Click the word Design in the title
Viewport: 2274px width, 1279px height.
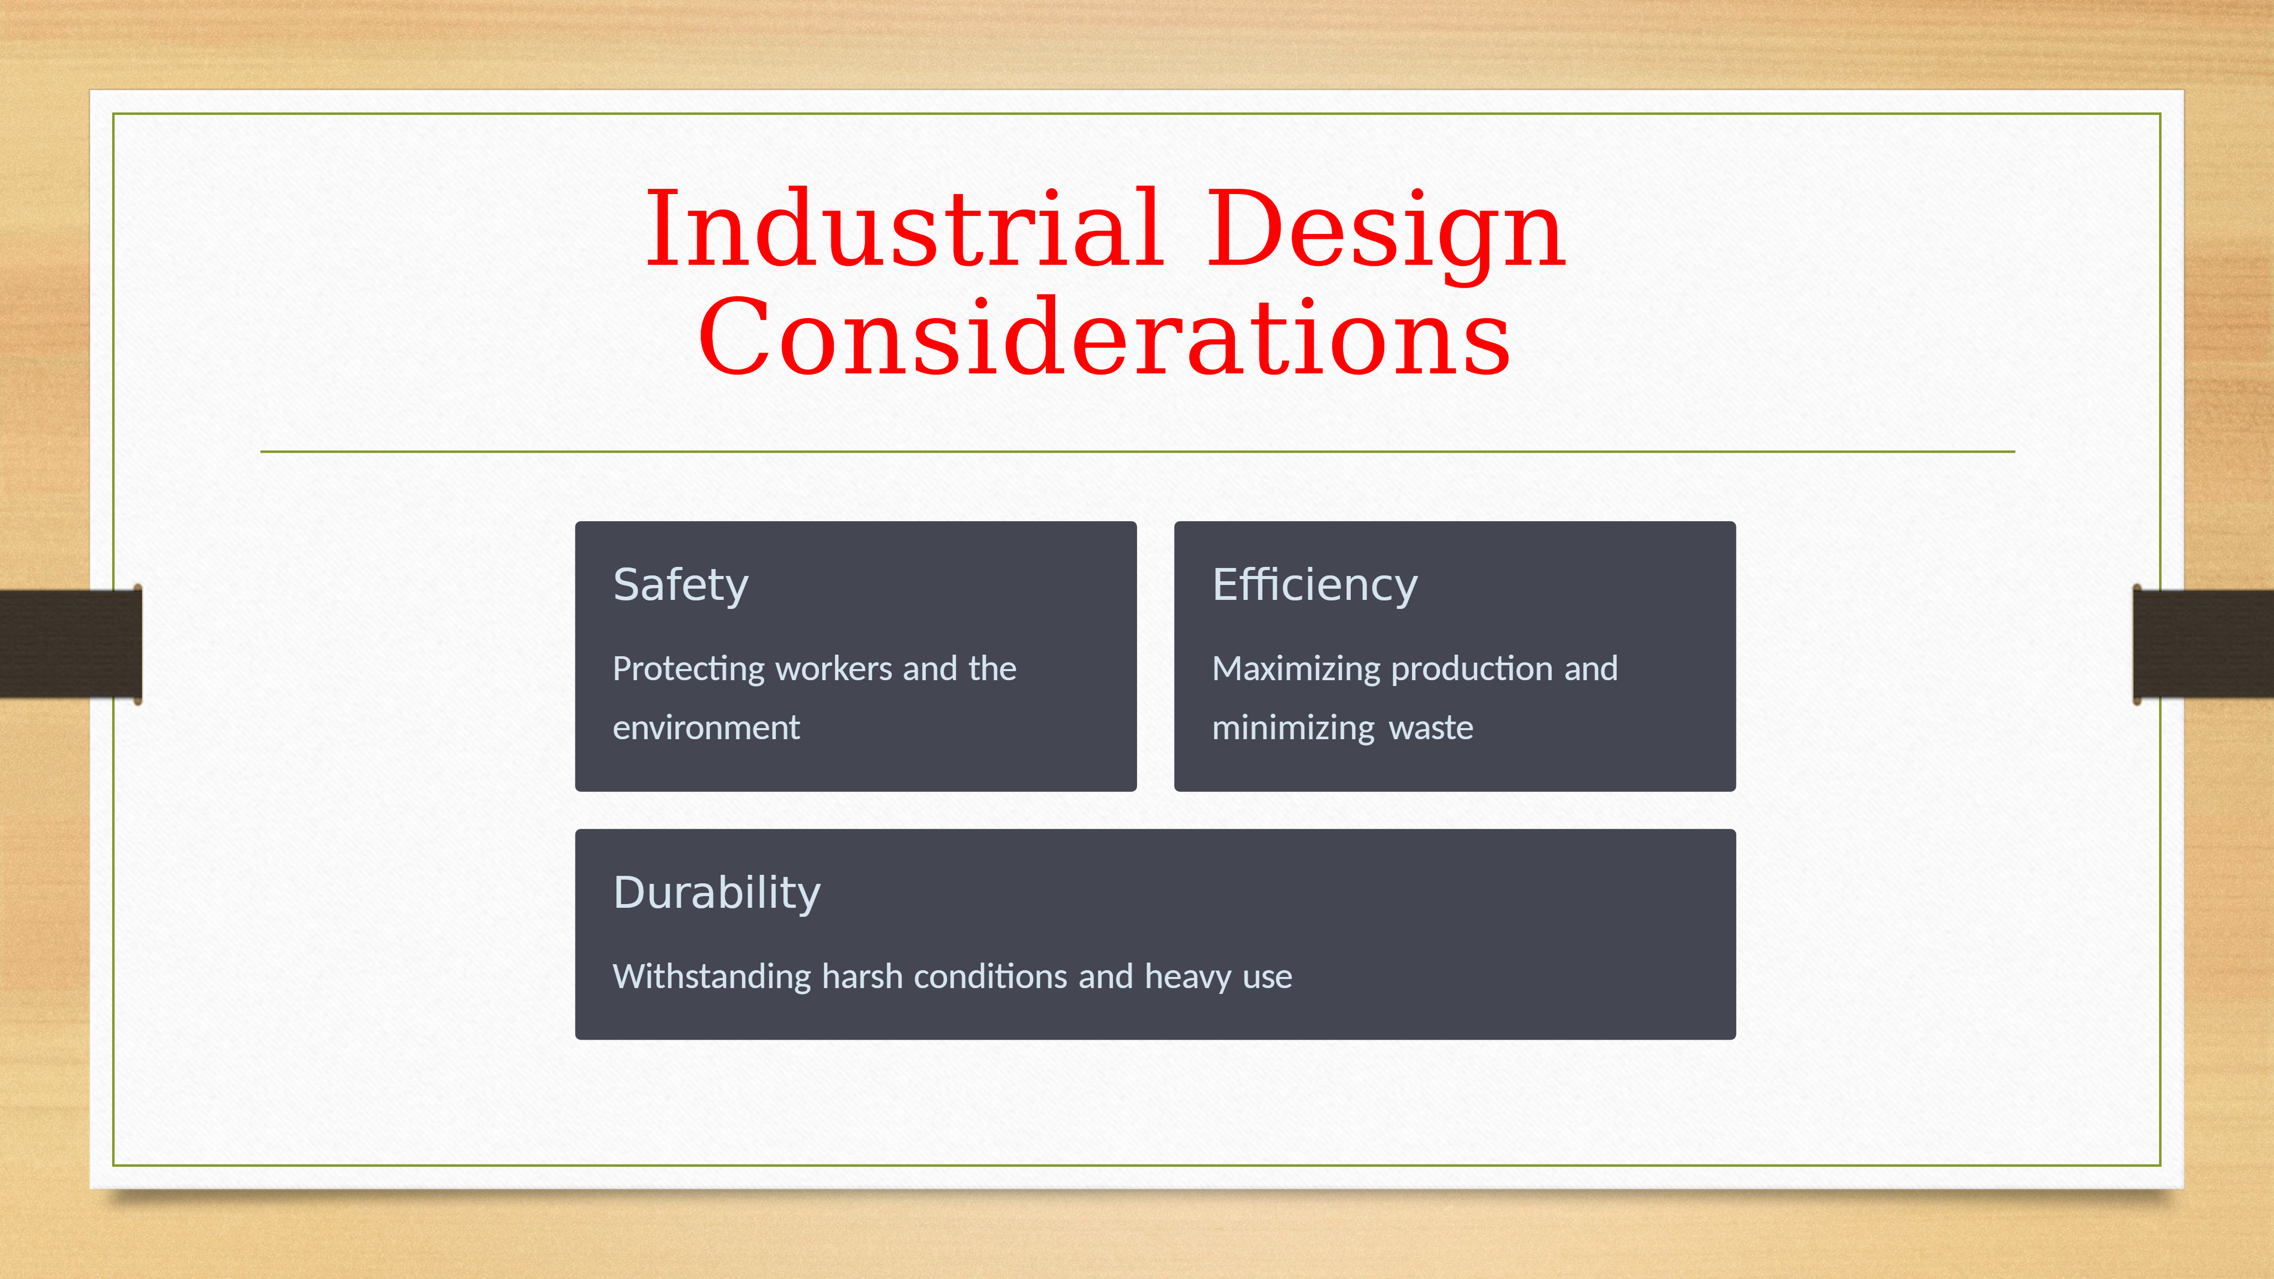coord(1386,234)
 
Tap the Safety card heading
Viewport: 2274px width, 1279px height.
coord(681,585)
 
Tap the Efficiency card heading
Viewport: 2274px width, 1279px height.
coord(1315,585)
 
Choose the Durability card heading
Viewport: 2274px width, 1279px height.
coord(717,893)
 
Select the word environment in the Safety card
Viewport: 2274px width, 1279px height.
coord(706,728)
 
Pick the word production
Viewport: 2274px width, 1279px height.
coord(1473,669)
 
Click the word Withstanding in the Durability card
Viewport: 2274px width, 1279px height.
coord(713,977)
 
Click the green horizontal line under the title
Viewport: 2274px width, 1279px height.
coord(1137,451)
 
